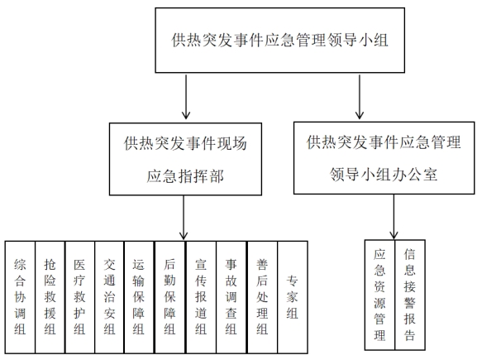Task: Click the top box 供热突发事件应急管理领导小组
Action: click(x=279, y=41)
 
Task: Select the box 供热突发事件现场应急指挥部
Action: click(x=185, y=159)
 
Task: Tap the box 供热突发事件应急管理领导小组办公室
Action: click(x=384, y=158)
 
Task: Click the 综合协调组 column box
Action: click(x=20, y=297)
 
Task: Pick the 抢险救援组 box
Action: click(x=50, y=297)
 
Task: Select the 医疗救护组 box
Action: click(x=79, y=297)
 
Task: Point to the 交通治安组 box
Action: click(x=109, y=297)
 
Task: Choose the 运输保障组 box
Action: click(x=139, y=297)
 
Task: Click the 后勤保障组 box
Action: click(x=170, y=297)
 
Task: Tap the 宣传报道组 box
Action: click(x=201, y=297)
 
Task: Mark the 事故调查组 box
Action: click(x=231, y=297)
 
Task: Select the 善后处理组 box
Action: click(x=263, y=297)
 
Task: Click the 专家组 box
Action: click(x=293, y=297)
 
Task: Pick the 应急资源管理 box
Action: click(x=379, y=295)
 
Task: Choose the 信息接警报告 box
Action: click(x=410, y=295)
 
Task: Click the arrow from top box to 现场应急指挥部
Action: click(x=186, y=97)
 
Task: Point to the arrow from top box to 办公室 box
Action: click(x=360, y=97)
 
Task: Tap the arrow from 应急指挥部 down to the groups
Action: click(x=184, y=218)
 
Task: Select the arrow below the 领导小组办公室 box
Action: click(x=394, y=217)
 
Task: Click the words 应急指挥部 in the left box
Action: click(x=185, y=176)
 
